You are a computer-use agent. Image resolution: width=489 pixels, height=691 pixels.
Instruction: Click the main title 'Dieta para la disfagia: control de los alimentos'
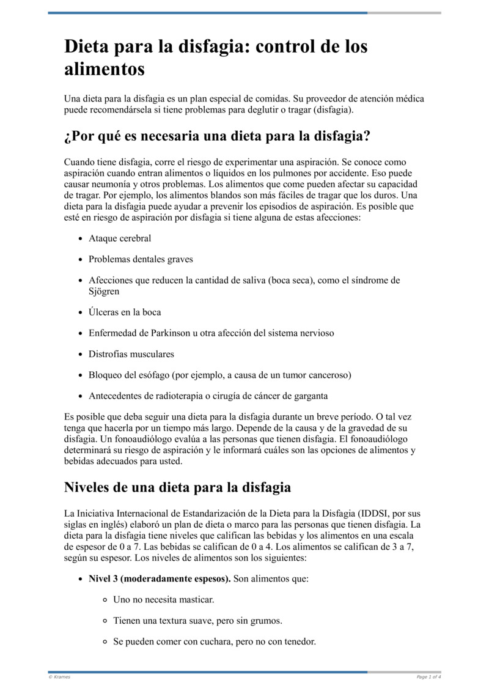216,57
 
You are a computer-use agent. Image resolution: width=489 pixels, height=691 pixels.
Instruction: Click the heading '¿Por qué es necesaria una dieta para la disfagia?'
217,136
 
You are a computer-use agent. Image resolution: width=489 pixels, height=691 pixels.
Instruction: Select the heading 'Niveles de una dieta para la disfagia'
177,487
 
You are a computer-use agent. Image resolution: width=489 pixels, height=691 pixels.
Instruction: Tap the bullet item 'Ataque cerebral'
120,238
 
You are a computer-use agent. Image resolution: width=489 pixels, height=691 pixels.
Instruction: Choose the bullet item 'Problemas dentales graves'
141,259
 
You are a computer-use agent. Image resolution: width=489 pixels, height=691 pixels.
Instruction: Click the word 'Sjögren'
104,292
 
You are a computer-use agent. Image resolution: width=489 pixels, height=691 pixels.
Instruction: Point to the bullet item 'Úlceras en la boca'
125,312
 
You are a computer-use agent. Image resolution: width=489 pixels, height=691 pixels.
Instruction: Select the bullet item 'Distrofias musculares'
131,354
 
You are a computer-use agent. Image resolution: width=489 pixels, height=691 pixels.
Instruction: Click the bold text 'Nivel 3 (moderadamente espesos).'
160,578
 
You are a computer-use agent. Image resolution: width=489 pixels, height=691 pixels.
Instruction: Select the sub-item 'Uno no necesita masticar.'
164,600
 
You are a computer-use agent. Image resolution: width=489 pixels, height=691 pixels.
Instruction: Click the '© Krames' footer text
59,677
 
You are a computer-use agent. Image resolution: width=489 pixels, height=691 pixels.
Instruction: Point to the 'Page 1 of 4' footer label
428,677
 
